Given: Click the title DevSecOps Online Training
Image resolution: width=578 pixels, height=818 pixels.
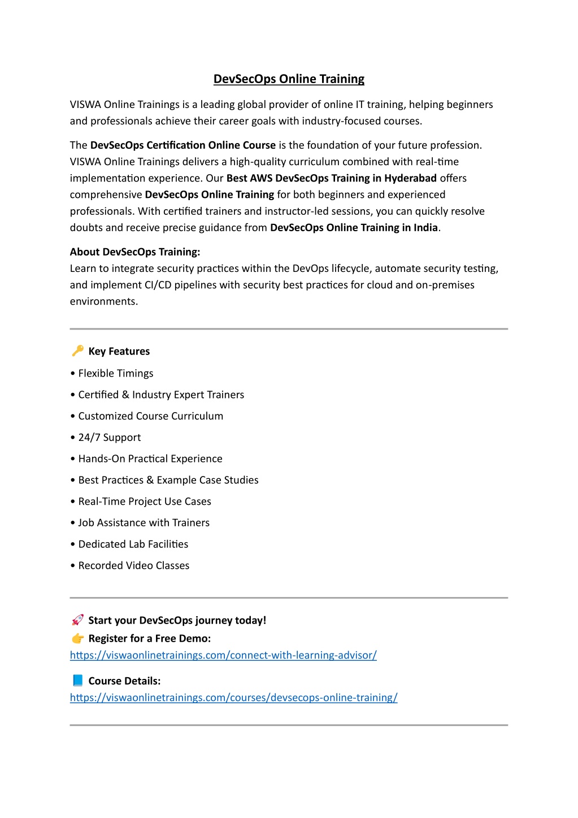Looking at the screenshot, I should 289,79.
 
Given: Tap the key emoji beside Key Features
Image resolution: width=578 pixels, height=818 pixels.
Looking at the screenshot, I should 77,351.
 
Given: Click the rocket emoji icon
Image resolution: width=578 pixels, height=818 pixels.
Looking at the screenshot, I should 77,620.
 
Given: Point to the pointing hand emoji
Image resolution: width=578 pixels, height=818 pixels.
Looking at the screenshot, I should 77,638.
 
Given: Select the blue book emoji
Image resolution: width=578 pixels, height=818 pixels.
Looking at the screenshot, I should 77,681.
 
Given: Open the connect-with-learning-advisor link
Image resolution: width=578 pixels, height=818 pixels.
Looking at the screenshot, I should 223,655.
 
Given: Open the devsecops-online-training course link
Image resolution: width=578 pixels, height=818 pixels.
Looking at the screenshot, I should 233,698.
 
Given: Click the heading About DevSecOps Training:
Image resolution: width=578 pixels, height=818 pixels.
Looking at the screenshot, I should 135,252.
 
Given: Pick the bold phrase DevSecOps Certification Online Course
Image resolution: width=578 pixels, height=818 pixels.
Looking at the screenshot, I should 182,145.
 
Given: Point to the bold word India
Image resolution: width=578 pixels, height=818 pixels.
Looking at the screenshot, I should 425,228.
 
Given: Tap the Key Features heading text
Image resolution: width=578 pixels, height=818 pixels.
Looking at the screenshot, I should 119,352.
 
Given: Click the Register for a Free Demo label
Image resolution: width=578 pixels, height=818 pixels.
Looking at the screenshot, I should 149,639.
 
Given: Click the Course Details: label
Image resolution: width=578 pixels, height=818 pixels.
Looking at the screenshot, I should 124,681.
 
